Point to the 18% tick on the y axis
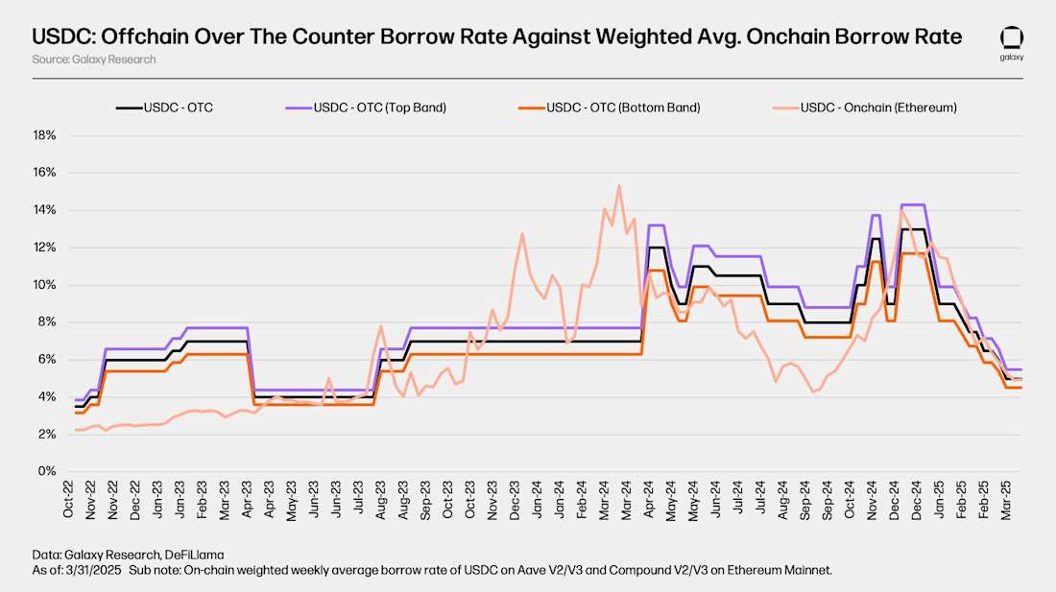pos(45,135)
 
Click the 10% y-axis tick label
pos(45,285)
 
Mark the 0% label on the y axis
pos(48,472)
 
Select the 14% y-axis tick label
pos(45,210)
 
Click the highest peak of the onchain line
pos(619,185)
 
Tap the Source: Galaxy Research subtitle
pos(93,59)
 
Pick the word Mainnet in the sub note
pos(807,571)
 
